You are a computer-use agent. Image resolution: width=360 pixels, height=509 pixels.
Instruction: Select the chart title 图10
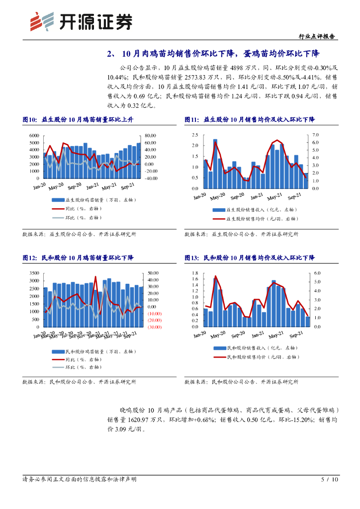(x=78, y=120)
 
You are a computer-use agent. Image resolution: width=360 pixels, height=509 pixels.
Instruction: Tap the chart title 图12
(x=78, y=258)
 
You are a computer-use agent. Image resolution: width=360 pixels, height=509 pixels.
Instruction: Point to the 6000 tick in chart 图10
(x=34, y=136)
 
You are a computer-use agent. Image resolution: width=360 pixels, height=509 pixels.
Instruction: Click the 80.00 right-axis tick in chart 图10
(x=150, y=136)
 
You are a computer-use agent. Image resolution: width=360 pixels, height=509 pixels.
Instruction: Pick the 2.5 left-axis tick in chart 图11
(x=195, y=135)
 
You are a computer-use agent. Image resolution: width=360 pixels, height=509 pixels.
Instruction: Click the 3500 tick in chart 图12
(x=34, y=273)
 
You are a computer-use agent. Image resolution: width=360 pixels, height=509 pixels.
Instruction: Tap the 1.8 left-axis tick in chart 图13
(x=195, y=273)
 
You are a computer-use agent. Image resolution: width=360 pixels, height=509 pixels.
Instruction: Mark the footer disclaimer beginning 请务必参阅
(x=80, y=479)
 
